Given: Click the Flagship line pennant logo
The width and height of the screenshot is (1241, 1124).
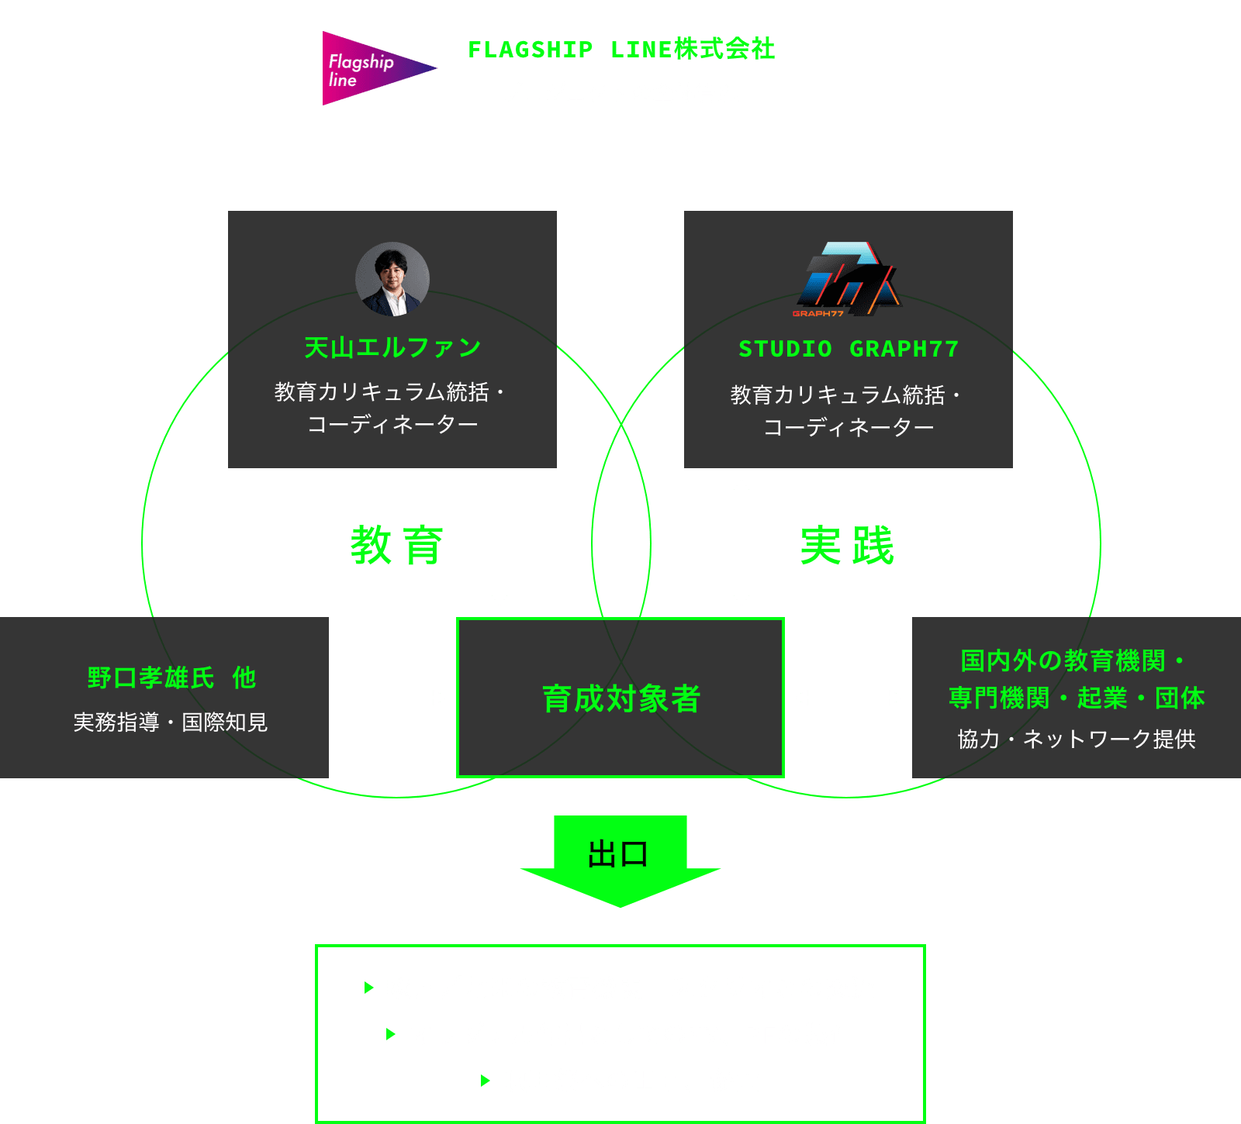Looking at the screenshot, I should [x=372, y=68].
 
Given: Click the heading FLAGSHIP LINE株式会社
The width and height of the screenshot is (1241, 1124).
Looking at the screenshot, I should [x=621, y=49].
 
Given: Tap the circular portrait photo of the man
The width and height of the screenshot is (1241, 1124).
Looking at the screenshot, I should [x=392, y=279].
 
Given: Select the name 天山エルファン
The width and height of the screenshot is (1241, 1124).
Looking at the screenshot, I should [x=392, y=348].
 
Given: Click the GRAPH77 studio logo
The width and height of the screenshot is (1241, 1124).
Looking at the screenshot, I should [x=848, y=279].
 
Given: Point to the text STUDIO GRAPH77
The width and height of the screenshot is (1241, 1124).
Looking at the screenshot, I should [x=849, y=349].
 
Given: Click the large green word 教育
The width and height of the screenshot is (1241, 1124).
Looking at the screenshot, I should [x=397, y=545].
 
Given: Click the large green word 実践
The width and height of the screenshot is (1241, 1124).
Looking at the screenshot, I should [x=847, y=545].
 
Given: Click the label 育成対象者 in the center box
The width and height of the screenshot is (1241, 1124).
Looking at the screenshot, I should [x=620, y=698].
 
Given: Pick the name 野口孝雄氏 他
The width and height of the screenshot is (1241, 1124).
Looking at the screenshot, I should [x=171, y=678].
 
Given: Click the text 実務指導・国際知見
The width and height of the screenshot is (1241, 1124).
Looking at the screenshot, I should [x=171, y=722].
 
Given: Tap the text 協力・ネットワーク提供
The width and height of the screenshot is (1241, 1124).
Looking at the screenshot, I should [x=1077, y=739].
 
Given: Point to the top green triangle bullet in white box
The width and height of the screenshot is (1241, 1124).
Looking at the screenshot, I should [x=369, y=988].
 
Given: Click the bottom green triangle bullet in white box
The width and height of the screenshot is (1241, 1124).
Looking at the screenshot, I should [x=486, y=1081].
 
